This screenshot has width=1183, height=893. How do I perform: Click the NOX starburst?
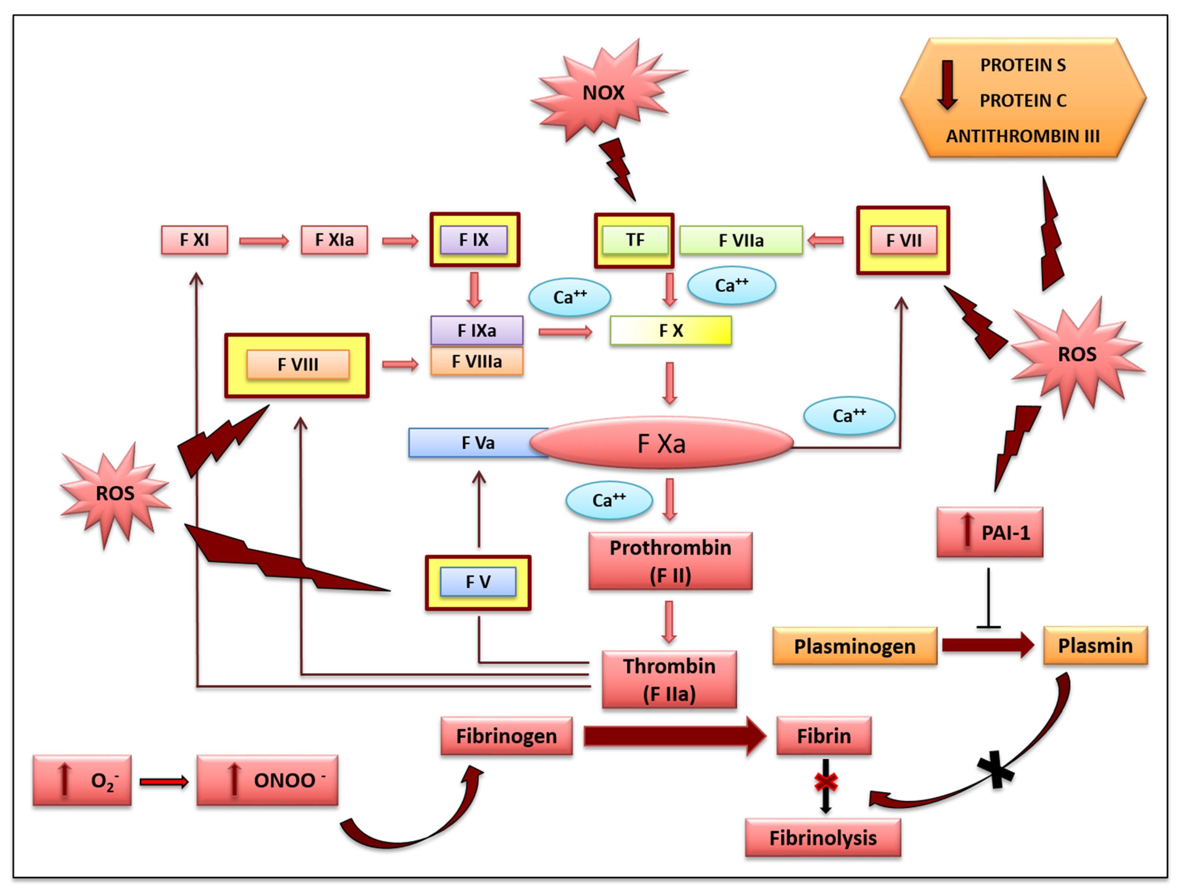coord(603,92)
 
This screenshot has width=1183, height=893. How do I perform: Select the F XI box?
coord(194,240)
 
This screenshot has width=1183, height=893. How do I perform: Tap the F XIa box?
coord(334,240)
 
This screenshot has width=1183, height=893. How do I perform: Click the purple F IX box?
coord(474,240)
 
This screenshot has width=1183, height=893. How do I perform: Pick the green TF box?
coord(635,240)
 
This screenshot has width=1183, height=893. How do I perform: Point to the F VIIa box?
coord(741,241)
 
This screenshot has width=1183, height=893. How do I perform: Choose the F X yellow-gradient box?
coord(671,330)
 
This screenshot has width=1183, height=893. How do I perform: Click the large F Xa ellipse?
coord(661,443)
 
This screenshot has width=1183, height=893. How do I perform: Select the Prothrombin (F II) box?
coord(670,561)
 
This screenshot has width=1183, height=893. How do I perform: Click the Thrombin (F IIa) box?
coord(669,680)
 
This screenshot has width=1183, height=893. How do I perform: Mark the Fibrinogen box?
coord(506,736)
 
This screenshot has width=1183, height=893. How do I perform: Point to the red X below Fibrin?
coord(826,782)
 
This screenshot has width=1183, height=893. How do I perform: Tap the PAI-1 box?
coord(990,532)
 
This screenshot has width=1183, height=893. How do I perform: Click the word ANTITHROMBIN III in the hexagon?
coord(1022,136)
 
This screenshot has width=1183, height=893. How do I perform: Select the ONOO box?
coord(267,780)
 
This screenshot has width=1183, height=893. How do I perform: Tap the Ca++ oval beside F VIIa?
coord(732,286)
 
